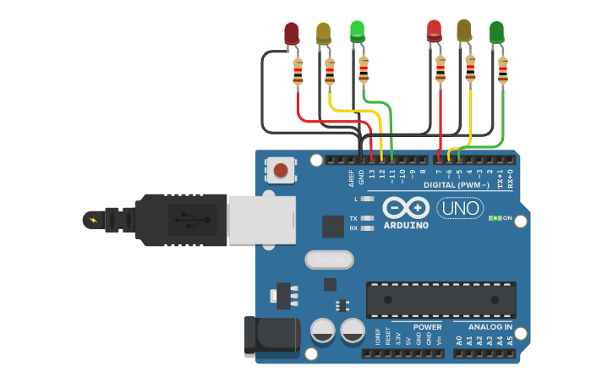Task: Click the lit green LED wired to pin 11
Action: pos(358,32)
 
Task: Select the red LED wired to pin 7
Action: pos(435,31)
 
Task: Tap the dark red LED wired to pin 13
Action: pos(292,34)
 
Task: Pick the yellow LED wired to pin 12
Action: pos(324,34)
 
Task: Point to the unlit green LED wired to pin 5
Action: pos(496,33)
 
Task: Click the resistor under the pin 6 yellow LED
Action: pos(470,68)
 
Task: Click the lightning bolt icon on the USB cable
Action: pos(91,221)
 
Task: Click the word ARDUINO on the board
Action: pos(405,225)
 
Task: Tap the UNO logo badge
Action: pos(460,208)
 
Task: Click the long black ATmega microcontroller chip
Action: pos(441,300)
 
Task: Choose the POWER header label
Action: pos(427,326)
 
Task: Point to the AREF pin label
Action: pos(352,178)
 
